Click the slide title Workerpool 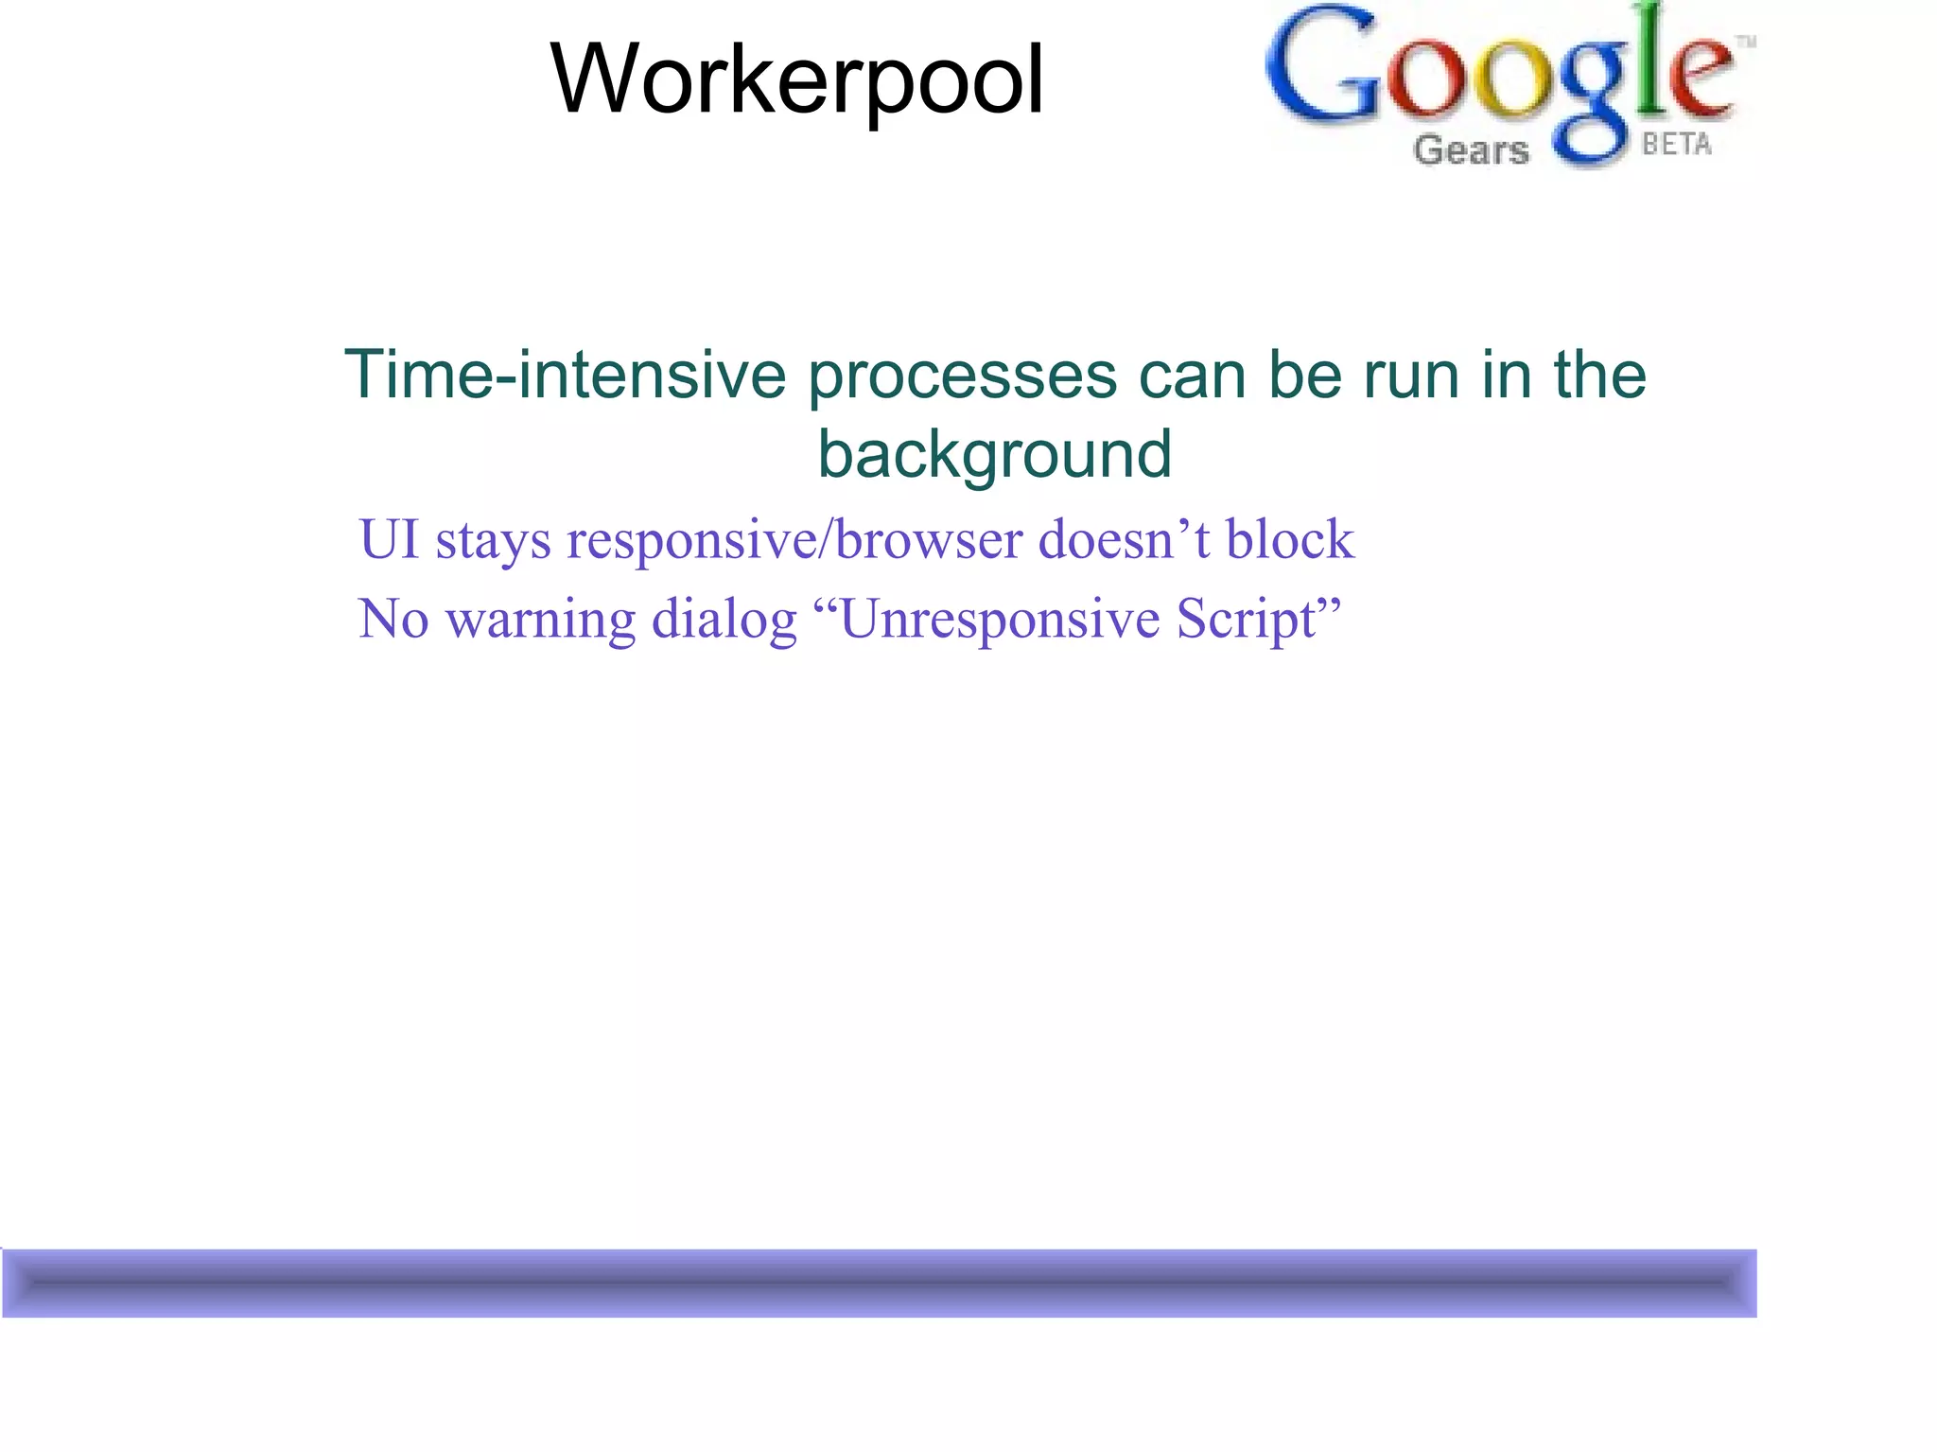point(796,79)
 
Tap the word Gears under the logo point(1471,150)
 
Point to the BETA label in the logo point(1676,145)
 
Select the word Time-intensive point(565,375)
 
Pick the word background point(994,455)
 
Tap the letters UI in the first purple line point(389,540)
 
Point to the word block point(1290,540)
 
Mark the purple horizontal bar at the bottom point(880,1283)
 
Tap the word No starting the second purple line point(393,620)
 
